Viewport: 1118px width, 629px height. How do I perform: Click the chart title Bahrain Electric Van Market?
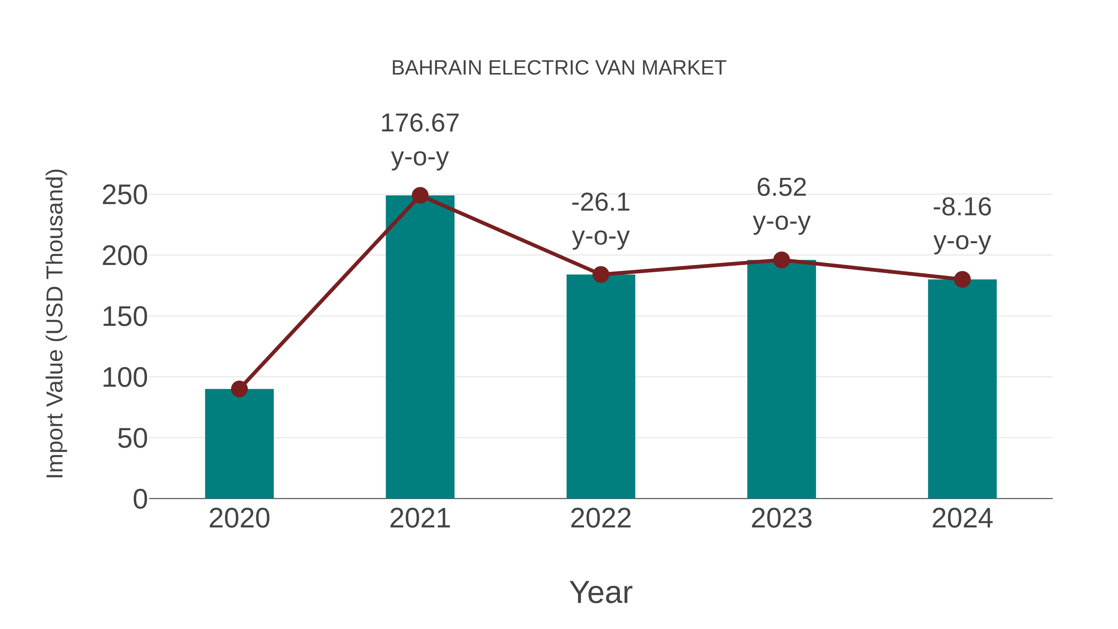point(559,68)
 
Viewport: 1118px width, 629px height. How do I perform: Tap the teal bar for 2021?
point(420,347)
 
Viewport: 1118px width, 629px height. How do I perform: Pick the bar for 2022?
point(601,386)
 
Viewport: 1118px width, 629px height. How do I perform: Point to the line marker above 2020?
point(239,389)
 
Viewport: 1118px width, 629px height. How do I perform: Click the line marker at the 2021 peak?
point(420,195)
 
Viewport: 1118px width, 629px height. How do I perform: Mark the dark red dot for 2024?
point(962,280)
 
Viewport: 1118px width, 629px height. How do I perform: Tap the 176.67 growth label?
point(420,123)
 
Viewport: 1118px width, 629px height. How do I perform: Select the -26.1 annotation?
point(601,203)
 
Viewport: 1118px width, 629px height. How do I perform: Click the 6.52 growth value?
point(781,188)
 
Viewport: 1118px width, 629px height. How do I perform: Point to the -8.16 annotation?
point(962,207)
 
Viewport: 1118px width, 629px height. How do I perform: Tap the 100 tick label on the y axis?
point(125,378)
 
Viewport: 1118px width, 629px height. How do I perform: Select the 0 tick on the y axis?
point(140,499)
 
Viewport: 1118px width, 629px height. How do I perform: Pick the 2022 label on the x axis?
point(601,518)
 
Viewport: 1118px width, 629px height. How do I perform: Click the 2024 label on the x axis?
point(962,518)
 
